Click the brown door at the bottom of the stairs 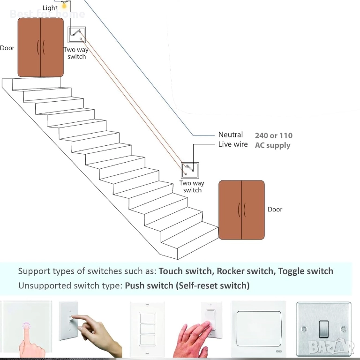pos(241,210)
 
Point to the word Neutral pos(231,135)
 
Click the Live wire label pos(233,144)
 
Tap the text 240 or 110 pos(274,135)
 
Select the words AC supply pos(273,145)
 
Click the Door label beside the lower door pos(275,210)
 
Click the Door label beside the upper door pos(7,48)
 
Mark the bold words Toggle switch pos(306,271)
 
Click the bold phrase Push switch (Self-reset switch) pos(187,285)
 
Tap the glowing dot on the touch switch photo pos(27,326)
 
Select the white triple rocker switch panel pos(147,329)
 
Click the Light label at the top pos(50,8)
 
